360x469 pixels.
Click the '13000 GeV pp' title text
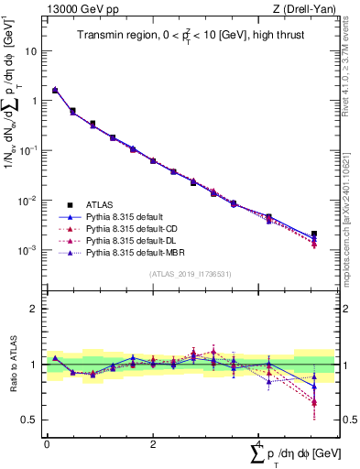76,10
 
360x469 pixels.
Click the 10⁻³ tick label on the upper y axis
30,249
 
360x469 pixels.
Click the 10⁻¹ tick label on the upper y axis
30,150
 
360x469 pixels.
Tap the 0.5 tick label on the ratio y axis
32,420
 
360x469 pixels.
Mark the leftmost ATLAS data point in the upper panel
55,91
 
